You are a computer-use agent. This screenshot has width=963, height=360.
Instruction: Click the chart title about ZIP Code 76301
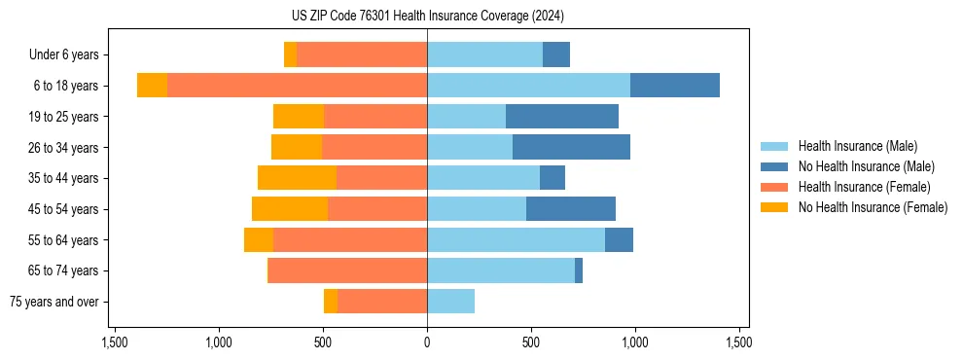tap(427, 17)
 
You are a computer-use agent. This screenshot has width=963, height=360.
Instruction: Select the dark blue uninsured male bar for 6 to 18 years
tap(674, 86)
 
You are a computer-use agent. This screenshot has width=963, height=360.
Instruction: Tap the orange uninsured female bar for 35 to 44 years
tap(297, 178)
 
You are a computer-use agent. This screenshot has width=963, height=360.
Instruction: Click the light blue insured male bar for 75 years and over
tap(450, 302)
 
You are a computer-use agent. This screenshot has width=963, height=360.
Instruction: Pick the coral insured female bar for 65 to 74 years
tap(347, 270)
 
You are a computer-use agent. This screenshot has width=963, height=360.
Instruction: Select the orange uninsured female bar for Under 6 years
tap(290, 54)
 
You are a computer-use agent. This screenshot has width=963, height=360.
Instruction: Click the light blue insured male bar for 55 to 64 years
tap(516, 239)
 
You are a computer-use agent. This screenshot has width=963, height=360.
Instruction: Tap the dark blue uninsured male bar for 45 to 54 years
tap(570, 209)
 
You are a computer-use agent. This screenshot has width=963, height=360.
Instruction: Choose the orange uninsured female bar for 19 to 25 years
tap(299, 117)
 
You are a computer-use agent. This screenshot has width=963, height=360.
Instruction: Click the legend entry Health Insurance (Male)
tap(857, 146)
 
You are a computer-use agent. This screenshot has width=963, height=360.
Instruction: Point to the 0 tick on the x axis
tap(427, 342)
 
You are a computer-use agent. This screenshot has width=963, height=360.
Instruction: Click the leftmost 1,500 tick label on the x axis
tap(115, 342)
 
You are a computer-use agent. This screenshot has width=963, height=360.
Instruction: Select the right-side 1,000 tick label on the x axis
tap(634, 342)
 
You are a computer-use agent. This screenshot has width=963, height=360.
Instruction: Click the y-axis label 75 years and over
tap(53, 302)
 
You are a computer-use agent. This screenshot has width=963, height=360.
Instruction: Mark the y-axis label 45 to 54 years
tap(64, 209)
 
